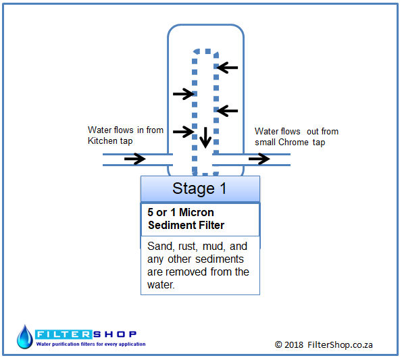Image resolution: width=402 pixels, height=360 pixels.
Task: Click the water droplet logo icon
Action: (24, 337)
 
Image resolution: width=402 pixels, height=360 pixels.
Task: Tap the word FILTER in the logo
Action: (64, 334)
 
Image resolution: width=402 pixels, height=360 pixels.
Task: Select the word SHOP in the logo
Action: (115, 334)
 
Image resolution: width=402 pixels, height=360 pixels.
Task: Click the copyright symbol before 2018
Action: (278, 344)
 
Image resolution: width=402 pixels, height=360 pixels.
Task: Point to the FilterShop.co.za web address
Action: (340, 345)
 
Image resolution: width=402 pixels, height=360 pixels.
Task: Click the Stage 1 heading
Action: (199, 188)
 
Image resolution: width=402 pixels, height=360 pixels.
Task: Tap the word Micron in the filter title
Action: (197, 212)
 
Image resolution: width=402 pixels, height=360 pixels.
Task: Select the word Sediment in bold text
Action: (172, 225)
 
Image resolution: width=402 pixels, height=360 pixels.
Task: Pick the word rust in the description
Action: (188, 247)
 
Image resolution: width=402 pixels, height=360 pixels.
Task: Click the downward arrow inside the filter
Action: (205, 137)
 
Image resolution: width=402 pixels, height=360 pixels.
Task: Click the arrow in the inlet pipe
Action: (135, 159)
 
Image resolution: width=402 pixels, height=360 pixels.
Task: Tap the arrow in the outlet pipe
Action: (259, 159)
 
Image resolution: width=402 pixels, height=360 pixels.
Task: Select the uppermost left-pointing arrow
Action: (227, 68)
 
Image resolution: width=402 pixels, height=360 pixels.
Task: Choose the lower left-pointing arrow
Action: (227, 111)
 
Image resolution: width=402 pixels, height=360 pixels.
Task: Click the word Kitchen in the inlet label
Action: (103, 140)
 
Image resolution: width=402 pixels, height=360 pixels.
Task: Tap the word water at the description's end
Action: (161, 284)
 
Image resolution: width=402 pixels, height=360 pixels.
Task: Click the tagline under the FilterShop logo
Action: (91, 344)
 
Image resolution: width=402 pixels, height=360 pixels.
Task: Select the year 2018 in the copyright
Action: (294, 344)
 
